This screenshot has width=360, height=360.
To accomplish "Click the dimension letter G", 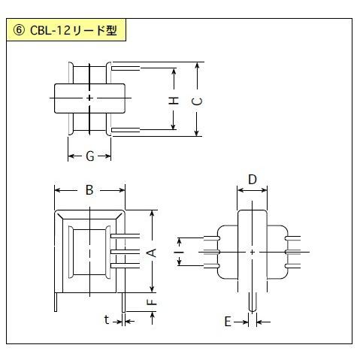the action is click(90, 156).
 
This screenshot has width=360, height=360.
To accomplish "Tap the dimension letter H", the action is click(174, 101).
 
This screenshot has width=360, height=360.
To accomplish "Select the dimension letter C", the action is click(197, 101).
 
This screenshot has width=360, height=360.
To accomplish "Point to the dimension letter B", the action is click(89, 190).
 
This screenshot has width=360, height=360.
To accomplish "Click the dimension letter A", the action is click(151, 253).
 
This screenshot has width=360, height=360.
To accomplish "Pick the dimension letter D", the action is click(253, 180).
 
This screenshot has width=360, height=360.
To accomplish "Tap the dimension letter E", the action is click(228, 322).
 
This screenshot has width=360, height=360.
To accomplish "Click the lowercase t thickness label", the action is click(107, 319).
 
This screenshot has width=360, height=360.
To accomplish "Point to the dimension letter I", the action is click(179, 252).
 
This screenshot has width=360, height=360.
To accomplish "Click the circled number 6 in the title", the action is click(19, 31).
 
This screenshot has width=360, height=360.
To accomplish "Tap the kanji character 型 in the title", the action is click(111, 31).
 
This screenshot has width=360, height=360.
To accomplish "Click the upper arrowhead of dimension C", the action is click(198, 65).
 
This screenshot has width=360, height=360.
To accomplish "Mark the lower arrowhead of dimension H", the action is click(173, 127).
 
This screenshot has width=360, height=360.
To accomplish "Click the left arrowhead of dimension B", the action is click(58, 190).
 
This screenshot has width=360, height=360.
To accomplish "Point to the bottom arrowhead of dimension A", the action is click(152, 289).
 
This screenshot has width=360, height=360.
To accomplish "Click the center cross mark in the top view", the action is click(89, 98).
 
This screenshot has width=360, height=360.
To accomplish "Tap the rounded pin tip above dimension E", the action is click(253, 310).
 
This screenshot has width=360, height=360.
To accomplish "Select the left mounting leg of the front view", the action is click(56, 302).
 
